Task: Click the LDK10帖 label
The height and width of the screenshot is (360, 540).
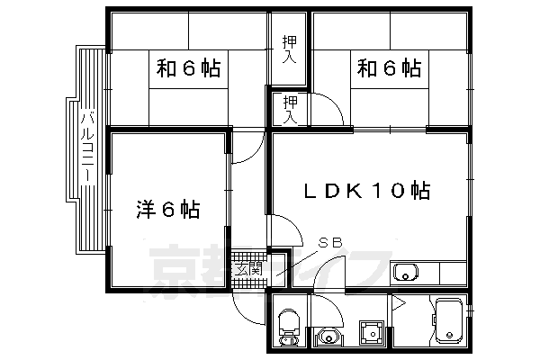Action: pyautogui.click(x=364, y=191)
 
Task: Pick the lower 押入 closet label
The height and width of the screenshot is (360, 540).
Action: pyautogui.click(x=289, y=107)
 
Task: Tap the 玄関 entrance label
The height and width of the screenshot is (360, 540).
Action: pyautogui.click(x=248, y=267)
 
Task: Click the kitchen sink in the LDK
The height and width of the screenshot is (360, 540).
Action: pyautogui.click(x=405, y=271)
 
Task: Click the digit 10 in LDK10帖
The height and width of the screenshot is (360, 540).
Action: pyautogui.click(x=390, y=191)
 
